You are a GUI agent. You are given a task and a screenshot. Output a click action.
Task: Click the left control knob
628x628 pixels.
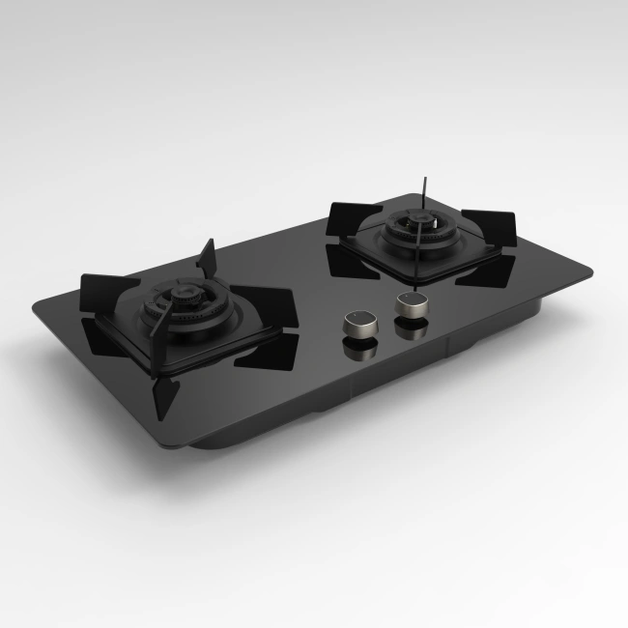(x=360, y=322)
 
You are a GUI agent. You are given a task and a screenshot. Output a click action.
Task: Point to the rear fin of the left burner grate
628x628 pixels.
(x=206, y=258)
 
